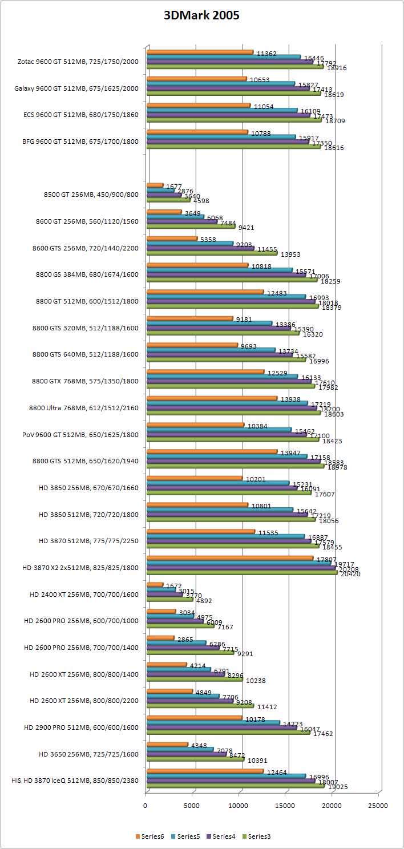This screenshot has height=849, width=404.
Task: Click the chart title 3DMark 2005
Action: pyautogui.click(x=201, y=16)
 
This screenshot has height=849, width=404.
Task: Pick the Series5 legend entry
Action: pyautogui.click(x=185, y=836)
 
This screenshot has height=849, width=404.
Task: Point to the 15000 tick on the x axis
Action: pyautogui.click(x=285, y=805)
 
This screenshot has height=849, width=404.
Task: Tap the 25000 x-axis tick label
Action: pyautogui.click(x=378, y=805)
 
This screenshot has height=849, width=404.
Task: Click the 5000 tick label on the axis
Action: pyautogui.click(x=192, y=805)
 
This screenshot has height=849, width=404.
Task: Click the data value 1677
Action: pyautogui.click(x=174, y=187)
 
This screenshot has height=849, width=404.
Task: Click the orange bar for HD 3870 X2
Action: pyautogui.click(x=228, y=558)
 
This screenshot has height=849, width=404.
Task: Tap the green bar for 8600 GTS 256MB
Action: pyautogui.click(x=211, y=253)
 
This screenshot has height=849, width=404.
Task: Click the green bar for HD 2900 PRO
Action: pyautogui.click(x=228, y=733)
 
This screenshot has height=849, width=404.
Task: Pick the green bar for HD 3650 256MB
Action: pyautogui.click(x=195, y=759)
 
